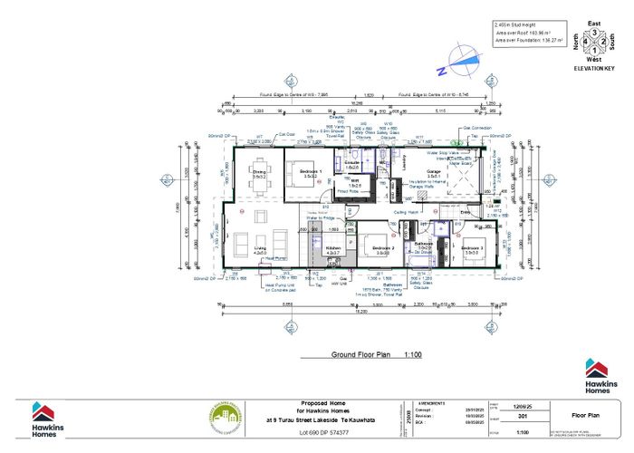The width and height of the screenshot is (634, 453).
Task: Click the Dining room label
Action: tap(257, 175)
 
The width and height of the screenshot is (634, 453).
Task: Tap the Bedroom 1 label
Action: tap(311, 173)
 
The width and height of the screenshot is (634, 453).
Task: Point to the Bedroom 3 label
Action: tap(472, 248)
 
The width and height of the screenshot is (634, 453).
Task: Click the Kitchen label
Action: tap(332, 248)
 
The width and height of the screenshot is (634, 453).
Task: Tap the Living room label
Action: tap(259, 249)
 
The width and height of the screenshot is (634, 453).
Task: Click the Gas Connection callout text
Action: tap(480, 128)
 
